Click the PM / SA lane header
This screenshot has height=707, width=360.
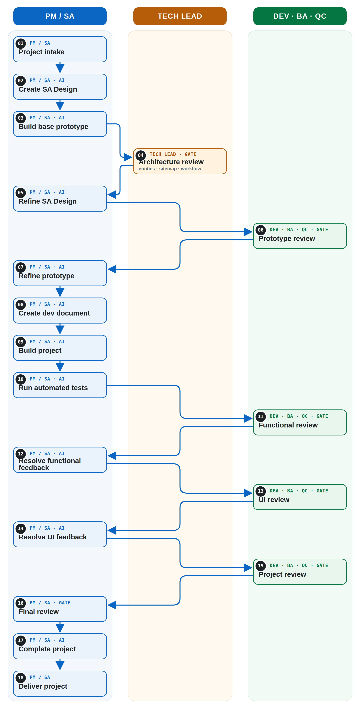pyautogui.click(x=60, y=16)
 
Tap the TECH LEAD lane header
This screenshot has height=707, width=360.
pyautogui.click(x=180, y=16)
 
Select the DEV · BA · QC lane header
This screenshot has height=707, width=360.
pyautogui.click(x=300, y=16)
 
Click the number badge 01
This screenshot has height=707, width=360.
pyautogui.click(x=21, y=43)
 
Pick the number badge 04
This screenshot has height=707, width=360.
pyautogui.click(x=141, y=155)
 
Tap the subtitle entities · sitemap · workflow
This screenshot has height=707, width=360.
pyautogui.click(x=170, y=169)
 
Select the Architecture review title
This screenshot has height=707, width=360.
pyautogui.click(x=171, y=162)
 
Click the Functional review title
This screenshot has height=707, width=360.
pyautogui.click(x=288, y=425)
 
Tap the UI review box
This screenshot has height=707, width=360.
pyautogui.click(x=300, y=497)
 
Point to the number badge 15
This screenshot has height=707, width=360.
pyautogui.click(x=261, y=566)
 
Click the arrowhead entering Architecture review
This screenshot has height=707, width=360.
pyautogui.click(x=128, y=157)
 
